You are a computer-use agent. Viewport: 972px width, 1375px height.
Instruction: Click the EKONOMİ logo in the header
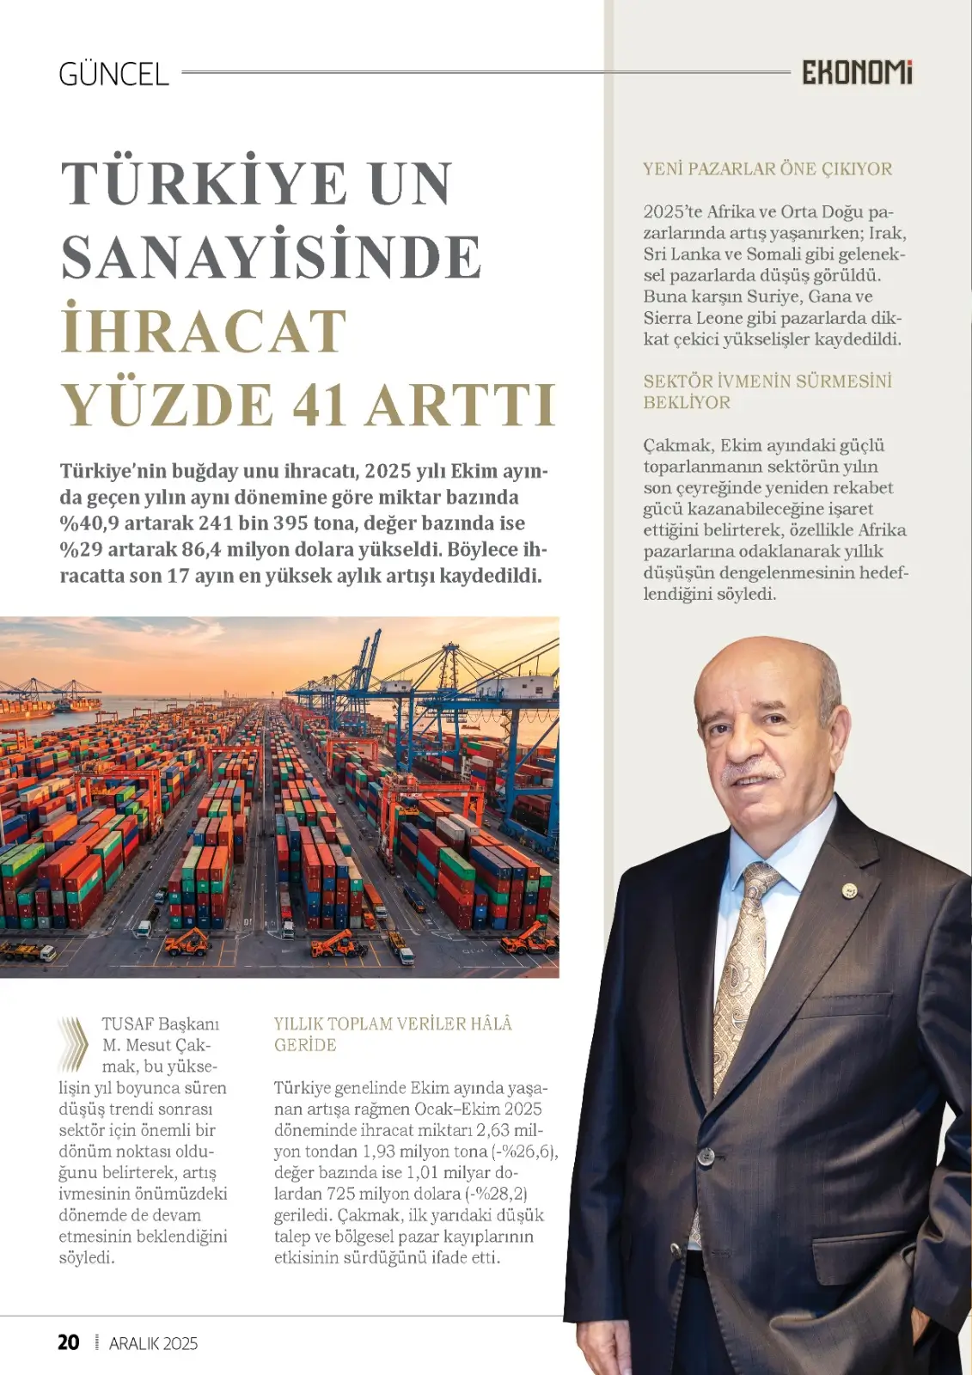[x=857, y=73]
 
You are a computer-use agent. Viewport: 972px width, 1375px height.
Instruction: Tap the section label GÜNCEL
[x=113, y=75]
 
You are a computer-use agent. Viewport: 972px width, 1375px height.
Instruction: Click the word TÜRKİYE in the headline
[x=204, y=183]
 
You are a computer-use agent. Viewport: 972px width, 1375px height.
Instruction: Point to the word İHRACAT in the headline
[x=204, y=331]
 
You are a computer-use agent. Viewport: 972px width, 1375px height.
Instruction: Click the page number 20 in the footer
[x=69, y=1342]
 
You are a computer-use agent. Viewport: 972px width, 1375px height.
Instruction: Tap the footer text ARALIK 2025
[x=153, y=1344]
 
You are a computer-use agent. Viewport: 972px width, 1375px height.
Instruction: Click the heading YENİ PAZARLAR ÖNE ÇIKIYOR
[x=767, y=169]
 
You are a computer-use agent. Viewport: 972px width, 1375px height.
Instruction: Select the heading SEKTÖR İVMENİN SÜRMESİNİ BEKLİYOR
[x=767, y=392]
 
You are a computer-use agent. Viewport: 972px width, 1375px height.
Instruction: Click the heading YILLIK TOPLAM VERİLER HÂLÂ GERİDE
[x=393, y=1034]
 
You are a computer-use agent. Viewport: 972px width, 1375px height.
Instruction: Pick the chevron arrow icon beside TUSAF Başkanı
[x=74, y=1043]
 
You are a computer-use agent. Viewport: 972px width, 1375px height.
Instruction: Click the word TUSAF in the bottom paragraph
[x=128, y=1024]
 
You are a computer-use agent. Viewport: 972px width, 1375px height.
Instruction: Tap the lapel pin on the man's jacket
[x=849, y=891]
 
